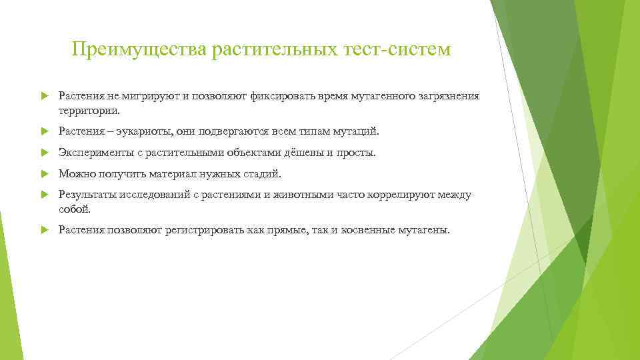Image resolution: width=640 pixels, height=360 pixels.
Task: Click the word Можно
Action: coord(75,174)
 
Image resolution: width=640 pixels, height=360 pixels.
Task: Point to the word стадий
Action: coord(265,174)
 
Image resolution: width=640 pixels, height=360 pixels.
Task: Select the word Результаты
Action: coord(86,195)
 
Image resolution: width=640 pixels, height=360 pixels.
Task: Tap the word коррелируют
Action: coord(403,195)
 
